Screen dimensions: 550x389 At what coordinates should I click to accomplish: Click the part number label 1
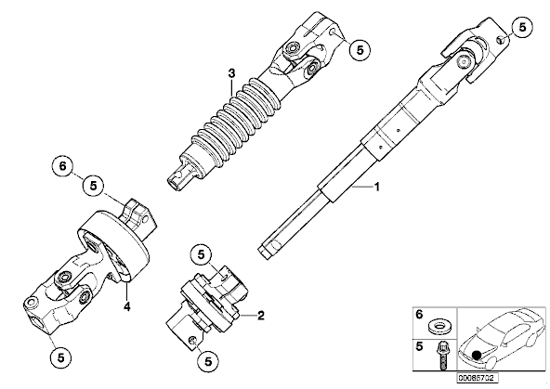377,187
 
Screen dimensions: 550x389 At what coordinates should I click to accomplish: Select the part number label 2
261,316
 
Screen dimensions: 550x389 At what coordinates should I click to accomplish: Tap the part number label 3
231,74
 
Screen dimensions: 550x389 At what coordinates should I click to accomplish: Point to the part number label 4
126,307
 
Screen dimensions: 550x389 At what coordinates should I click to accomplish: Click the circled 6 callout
63,166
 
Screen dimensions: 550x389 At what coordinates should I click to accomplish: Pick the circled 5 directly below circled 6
93,186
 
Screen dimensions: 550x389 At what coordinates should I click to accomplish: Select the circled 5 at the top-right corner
522,27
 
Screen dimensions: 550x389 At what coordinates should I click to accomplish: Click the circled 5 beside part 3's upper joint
360,50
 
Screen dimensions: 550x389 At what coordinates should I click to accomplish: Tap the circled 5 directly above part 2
201,254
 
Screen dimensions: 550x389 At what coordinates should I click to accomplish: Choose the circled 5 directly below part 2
208,361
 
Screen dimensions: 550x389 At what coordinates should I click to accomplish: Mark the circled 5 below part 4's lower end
60,357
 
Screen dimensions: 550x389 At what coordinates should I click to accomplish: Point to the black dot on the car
476,355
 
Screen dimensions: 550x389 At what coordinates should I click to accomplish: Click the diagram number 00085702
477,378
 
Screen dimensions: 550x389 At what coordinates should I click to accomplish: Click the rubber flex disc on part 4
114,245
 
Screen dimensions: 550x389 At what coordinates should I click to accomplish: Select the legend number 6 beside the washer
420,315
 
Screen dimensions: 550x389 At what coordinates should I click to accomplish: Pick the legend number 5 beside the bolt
420,346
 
